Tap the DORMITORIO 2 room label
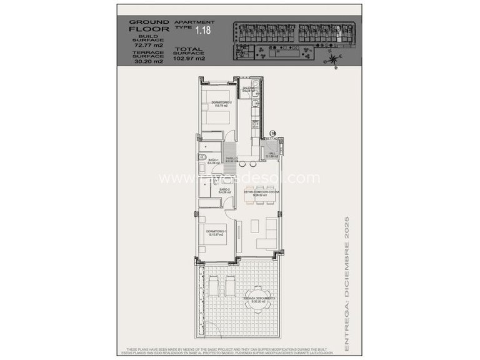(222, 102)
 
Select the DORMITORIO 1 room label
(216, 232)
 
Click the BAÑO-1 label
(213, 161)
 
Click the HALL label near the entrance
(272, 154)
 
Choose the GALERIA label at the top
(247, 89)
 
